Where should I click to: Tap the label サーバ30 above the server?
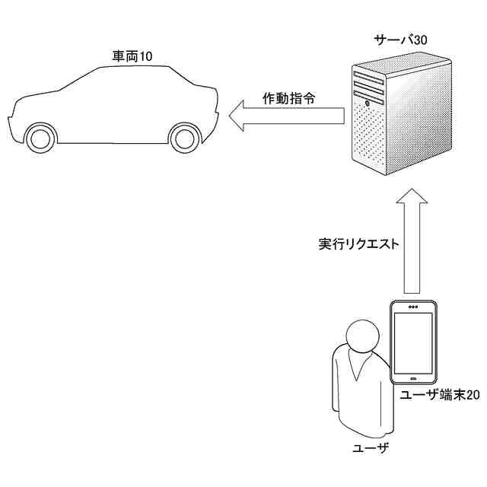tap(399, 40)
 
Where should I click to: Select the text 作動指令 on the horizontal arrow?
tap(289, 98)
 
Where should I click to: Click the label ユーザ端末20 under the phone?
tap(440, 395)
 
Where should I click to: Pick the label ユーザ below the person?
tap(371, 447)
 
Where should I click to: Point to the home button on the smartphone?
tap(412, 377)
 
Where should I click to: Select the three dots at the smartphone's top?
tap(412, 307)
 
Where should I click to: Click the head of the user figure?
tap(359, 334)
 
